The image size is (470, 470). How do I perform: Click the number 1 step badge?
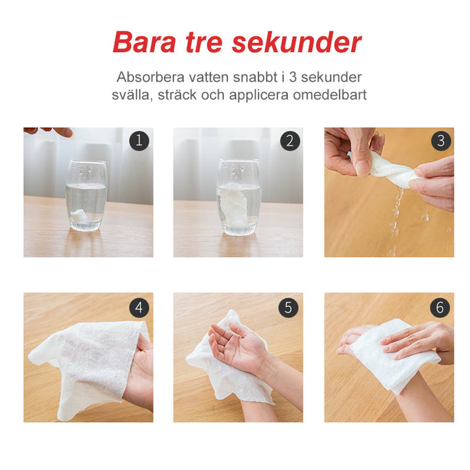(x=139, y=140)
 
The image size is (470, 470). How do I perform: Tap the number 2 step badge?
(x=289, y=141)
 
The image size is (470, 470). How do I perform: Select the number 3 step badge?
(x=441, y=140)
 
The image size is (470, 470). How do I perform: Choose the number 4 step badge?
(x=139, y=307)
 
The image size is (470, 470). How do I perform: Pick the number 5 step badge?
(x=289, y=307)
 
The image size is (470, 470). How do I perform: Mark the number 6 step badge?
(x=440, y=307)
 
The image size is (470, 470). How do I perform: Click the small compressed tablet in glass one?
(x=79, y=215)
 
